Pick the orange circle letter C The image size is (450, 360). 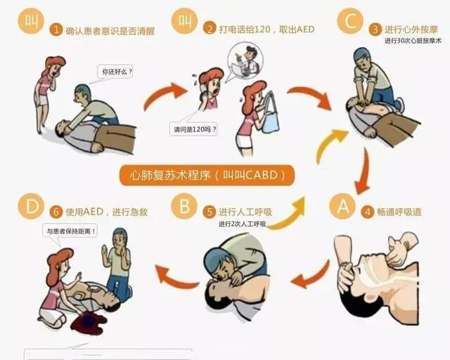click(x=349, y=22)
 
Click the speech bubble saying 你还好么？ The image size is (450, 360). click(x=116, y=72)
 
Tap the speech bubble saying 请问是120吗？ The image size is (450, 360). click(x=193, y=129)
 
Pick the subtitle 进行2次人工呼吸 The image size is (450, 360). click(x=242, y=224)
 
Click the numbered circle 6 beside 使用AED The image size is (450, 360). click(x=56, y=211)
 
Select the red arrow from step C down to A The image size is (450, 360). click(x=364, y=173)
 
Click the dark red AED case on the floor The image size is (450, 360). click(x=87, y=323)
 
